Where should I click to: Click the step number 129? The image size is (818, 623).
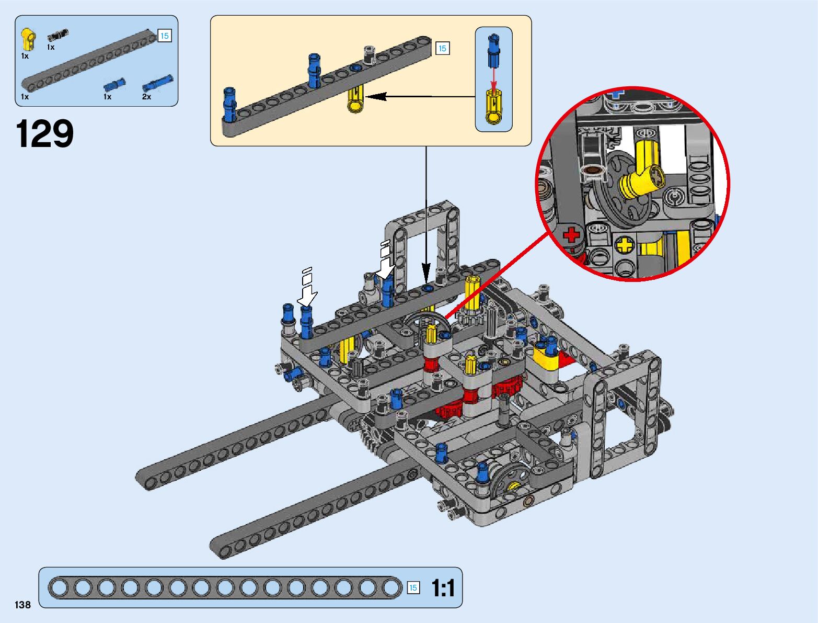45,134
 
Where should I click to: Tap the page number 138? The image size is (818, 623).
23,605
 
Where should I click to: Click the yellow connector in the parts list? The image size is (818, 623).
28,40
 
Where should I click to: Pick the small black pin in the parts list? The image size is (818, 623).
57,36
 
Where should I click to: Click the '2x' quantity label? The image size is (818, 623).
146,97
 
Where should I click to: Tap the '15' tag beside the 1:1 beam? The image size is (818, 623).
413,588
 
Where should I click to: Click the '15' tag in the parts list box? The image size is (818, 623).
165,36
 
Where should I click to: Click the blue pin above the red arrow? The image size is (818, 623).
493,51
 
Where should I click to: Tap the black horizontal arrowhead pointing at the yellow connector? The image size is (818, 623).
376,96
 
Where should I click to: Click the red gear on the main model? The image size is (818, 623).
504,389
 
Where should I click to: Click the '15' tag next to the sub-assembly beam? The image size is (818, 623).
442,49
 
